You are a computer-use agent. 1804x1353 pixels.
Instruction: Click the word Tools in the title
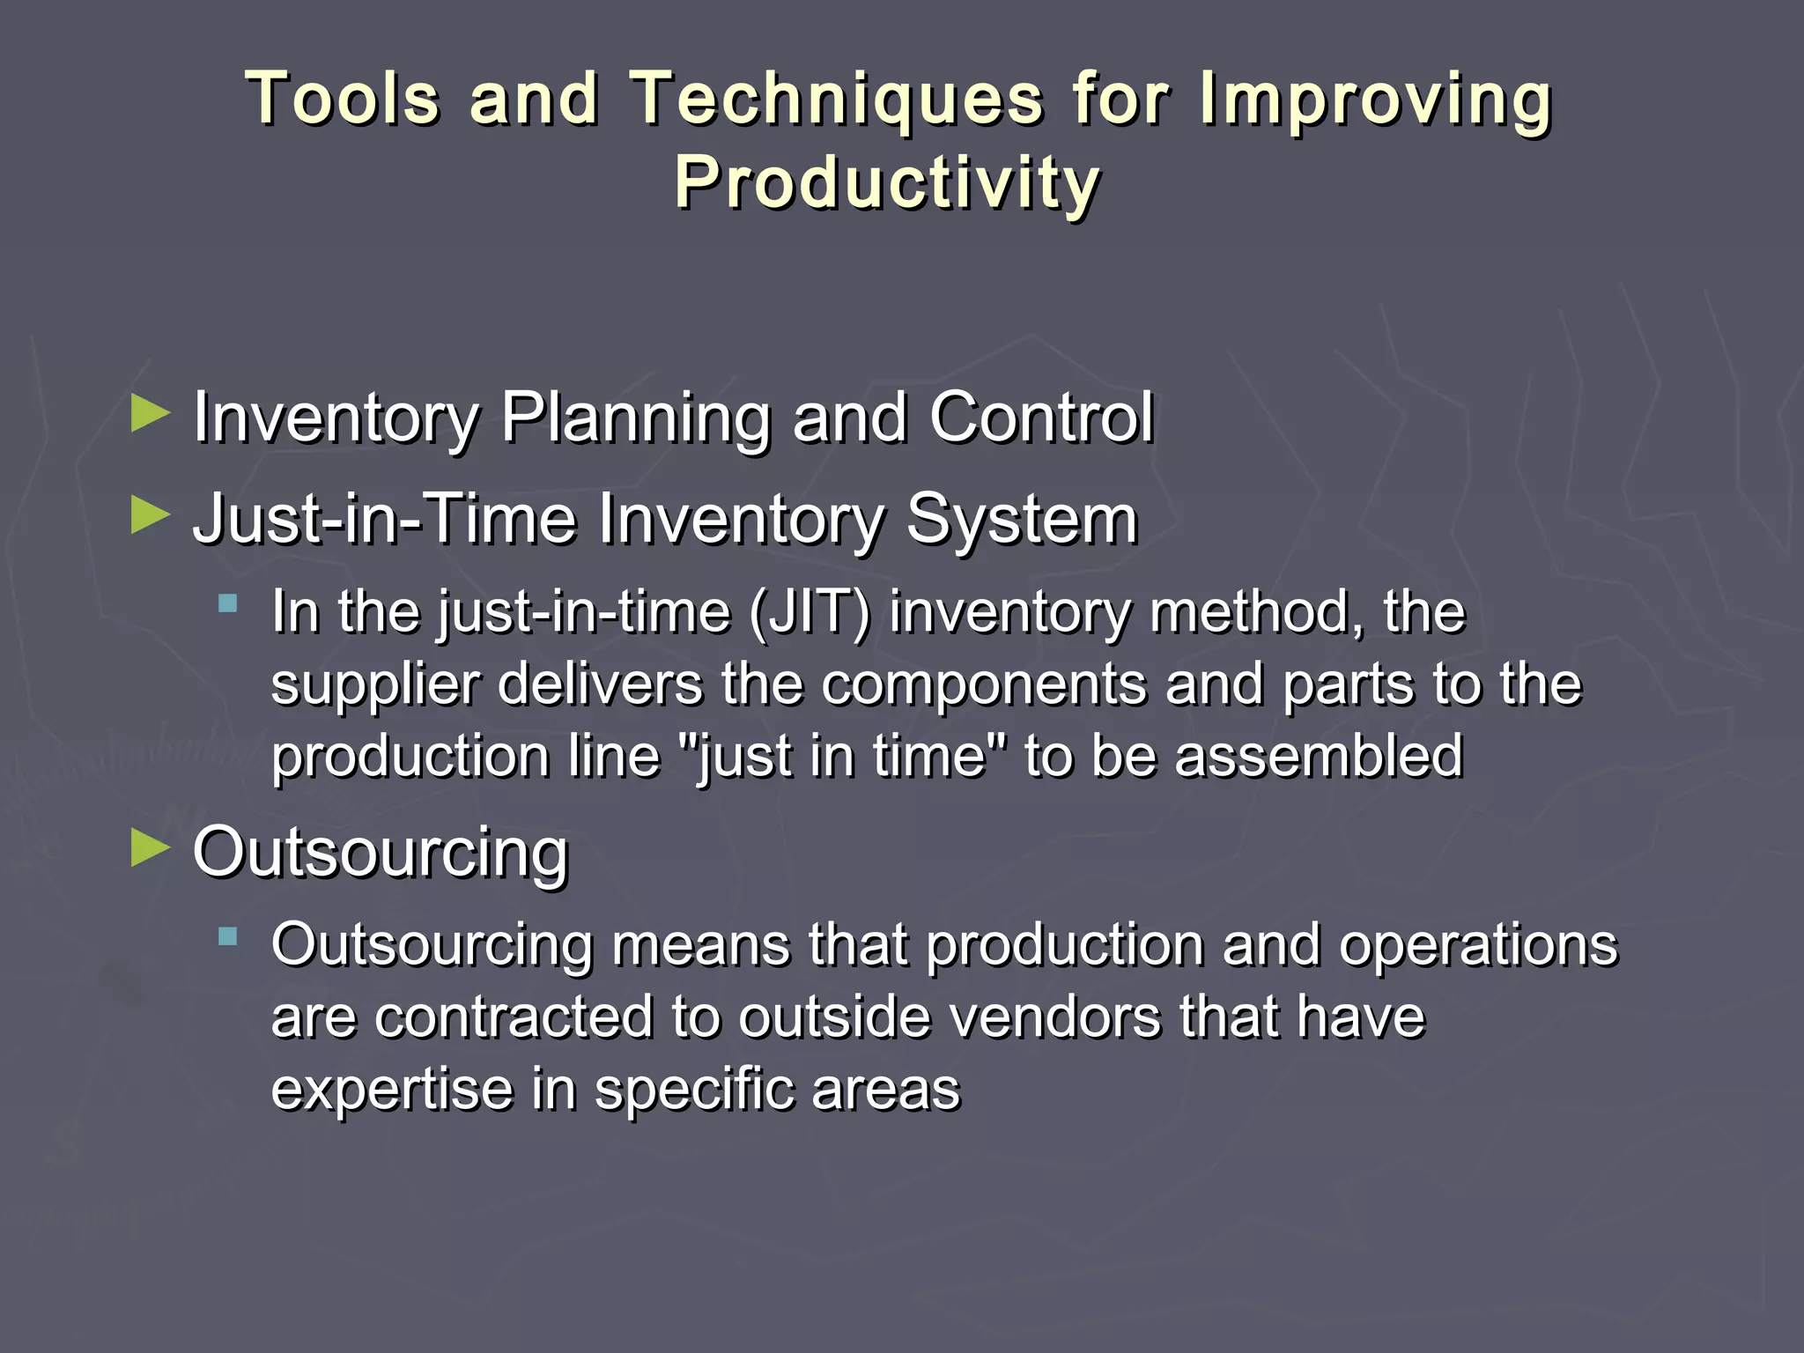(343, 98)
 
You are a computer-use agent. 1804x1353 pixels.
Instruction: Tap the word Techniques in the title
(836, 98)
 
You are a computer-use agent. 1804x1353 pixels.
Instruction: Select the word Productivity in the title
(887, 182)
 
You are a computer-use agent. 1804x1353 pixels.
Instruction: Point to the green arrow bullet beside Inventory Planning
(150, 413)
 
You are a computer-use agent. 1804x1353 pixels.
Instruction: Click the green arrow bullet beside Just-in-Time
(150, 515)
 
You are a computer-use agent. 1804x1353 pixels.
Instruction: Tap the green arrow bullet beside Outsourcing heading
(150, 848)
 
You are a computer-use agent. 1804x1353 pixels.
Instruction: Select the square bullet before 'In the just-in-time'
(228, 603)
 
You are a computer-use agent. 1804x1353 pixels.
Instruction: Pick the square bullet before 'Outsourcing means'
(228, 936)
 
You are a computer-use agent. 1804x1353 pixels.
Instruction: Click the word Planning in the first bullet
(635, 418)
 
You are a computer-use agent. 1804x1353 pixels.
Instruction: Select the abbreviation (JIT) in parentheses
(809, 611)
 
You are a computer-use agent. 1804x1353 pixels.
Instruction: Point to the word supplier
(375, 685)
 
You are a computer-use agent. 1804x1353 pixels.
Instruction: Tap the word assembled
(1319, 756)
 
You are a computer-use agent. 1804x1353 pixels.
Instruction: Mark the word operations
(1478, 946)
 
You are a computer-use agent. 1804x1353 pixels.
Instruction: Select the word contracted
(514, 1017)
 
